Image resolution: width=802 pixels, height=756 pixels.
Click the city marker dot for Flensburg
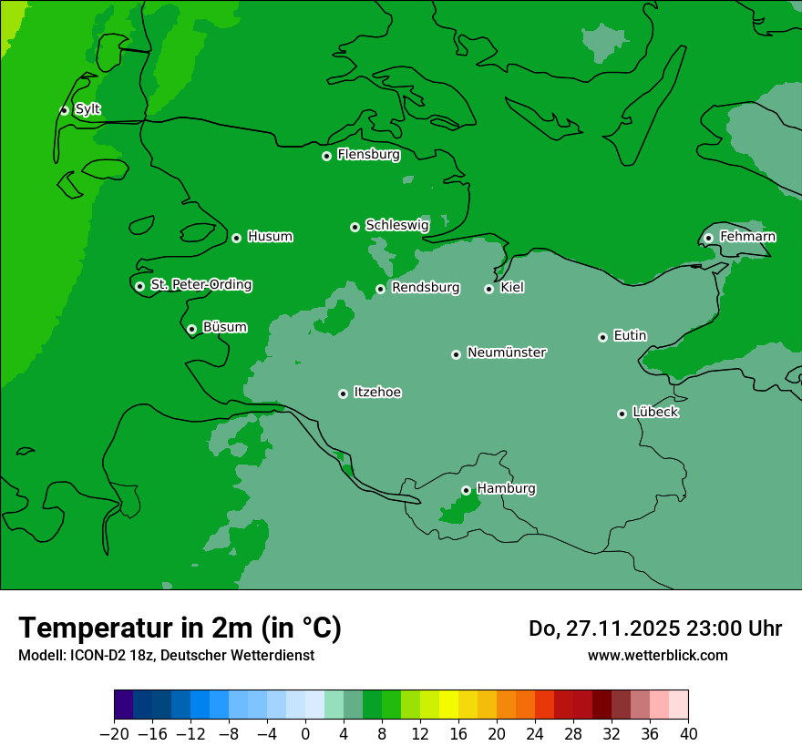click(x=326, y=156)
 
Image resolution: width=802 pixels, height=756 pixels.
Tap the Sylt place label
click(x=87, y=109)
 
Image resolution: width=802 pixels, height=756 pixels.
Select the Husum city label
click(x=270, y=237)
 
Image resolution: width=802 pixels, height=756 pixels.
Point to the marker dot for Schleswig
click(x=355, y=227)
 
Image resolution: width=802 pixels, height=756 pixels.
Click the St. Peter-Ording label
click(x=200, y=285)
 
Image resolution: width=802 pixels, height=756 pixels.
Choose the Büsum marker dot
click(x=191, y=330)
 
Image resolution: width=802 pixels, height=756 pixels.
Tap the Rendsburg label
click(x=425, y=288)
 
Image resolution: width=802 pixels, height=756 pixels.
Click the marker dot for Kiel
click(x=488, y=289)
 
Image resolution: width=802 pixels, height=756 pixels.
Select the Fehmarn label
click(x=747, y=237)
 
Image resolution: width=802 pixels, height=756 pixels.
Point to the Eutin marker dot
click(x=602, y=337)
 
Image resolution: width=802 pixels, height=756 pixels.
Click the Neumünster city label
click(x=506, y=352)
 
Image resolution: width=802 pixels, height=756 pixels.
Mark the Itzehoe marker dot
click(x=343, y=393)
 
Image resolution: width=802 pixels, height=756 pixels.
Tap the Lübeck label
click(x=655, y=412)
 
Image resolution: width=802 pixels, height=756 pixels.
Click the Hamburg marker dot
click(x=466, y=490)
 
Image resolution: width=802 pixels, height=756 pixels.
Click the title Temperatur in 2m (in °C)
click(x=180, y=628)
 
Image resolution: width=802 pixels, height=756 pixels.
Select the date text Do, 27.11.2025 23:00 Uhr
click(x=654, y=628)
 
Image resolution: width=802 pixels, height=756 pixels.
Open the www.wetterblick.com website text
click(x=657, y=656)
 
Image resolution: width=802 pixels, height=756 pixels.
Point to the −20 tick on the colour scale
click(x=115, y=734)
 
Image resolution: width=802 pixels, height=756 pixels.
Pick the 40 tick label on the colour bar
click(x=688, y=734)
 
